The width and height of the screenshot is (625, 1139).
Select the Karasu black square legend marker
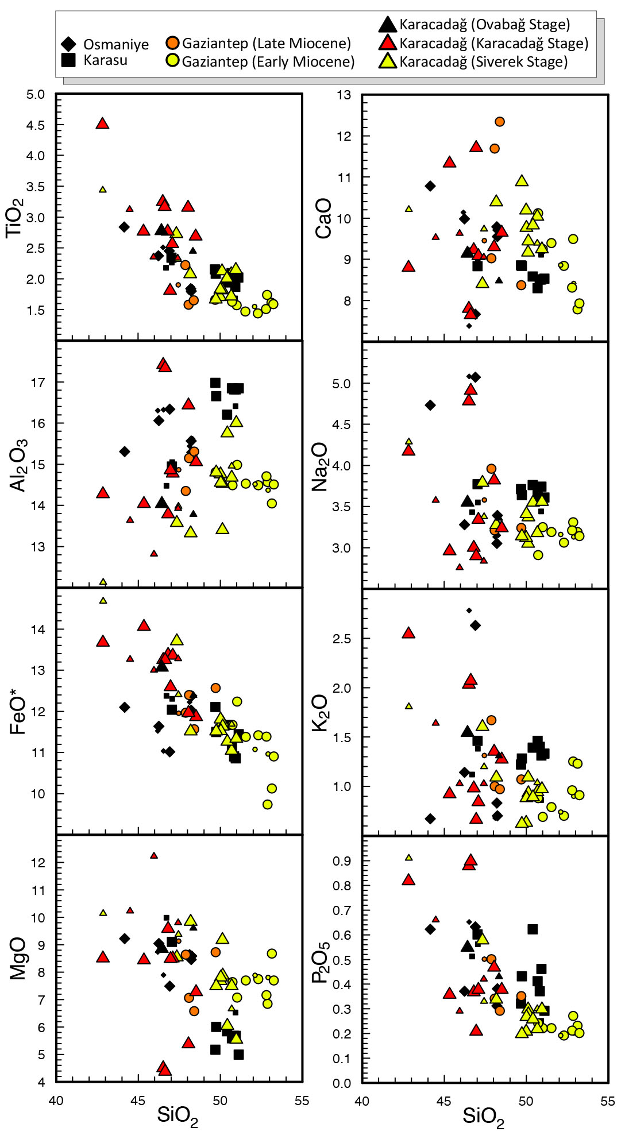68,60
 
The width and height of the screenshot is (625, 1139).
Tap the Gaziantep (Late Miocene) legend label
266,43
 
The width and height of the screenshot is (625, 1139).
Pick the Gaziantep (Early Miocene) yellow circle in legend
172,60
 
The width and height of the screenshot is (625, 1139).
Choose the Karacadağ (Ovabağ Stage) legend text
485,25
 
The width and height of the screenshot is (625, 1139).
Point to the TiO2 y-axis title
16,218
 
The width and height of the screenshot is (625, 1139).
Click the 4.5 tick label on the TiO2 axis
35,125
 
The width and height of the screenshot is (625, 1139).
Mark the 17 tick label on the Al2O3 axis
37,383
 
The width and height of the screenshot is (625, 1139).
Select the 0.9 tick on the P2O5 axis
342,861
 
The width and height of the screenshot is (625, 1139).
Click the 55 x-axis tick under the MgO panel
302,1101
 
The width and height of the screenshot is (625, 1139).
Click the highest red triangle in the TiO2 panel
102,123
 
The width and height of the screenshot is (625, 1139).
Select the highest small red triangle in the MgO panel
153,855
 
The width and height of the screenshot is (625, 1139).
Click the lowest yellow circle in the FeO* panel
268,805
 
